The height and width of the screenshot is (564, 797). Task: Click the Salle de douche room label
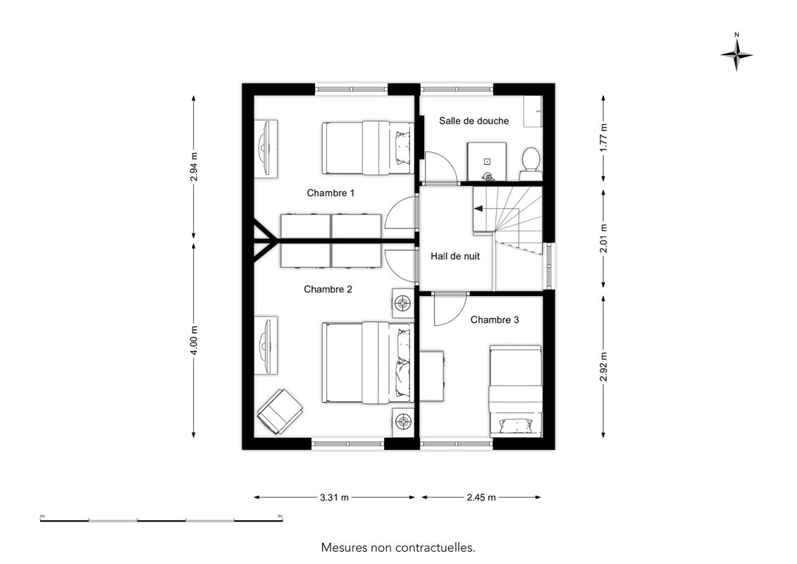474,121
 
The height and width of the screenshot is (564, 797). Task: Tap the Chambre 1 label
330,193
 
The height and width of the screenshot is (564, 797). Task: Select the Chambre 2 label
328,289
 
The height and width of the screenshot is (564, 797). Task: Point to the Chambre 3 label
495,320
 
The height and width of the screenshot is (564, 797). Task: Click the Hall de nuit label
455,257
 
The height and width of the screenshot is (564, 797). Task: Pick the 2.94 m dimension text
194,167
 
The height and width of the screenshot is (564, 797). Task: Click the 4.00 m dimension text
194,340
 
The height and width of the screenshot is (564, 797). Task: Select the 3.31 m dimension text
335,498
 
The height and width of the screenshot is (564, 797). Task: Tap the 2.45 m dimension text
481,498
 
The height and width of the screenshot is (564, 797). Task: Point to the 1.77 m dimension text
603,137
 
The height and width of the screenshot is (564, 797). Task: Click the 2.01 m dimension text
603,238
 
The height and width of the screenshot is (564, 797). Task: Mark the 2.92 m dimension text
603,366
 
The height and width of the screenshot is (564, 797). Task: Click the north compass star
736,54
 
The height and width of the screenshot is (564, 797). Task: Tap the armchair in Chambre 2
280,412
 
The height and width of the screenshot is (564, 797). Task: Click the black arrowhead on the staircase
478,208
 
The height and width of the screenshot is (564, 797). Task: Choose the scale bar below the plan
161,520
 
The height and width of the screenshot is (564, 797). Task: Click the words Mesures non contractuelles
398,548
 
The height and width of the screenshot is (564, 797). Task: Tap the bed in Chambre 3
515,391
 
